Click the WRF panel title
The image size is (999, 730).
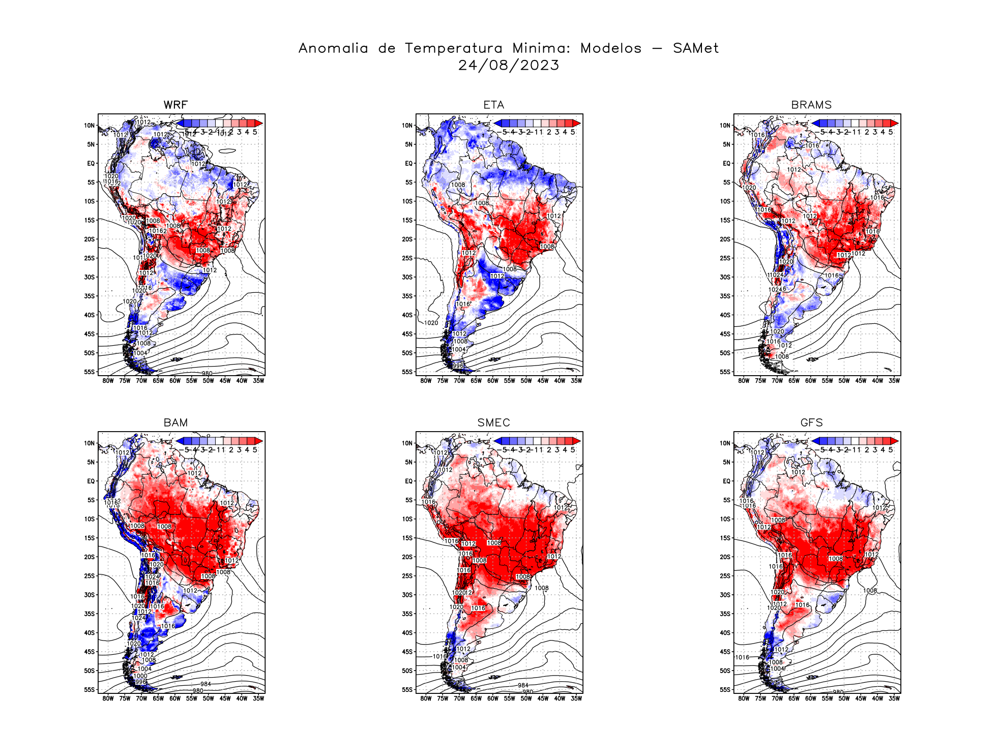pos(175,105)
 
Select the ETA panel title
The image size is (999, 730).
pos(493,105)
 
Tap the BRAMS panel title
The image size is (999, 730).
pos(811,105)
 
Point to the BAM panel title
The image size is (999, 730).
pos(175,422)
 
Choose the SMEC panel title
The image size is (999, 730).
pos(493,422)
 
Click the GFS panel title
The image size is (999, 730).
pos(811,422)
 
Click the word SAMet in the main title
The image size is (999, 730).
pos(695,48)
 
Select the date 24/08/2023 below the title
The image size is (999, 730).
pos(509,65)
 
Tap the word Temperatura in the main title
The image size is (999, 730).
pos(453,48)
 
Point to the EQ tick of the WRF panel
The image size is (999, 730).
pos(91,163)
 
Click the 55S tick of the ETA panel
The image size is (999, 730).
pos(407,372)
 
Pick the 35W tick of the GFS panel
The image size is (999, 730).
pos(894,698)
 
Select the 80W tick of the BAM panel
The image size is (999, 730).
pos(108,698)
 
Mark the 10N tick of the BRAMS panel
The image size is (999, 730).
pos(725,126)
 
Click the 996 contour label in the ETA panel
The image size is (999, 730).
pos(458,366)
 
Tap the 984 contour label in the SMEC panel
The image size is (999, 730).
pos(523,685)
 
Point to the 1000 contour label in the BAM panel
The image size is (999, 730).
pos(140,676)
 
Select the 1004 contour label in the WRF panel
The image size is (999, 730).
pos(140,353)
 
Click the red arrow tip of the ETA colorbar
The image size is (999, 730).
pos(577,123)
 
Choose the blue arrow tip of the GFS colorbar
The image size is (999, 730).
pos(815,441)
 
